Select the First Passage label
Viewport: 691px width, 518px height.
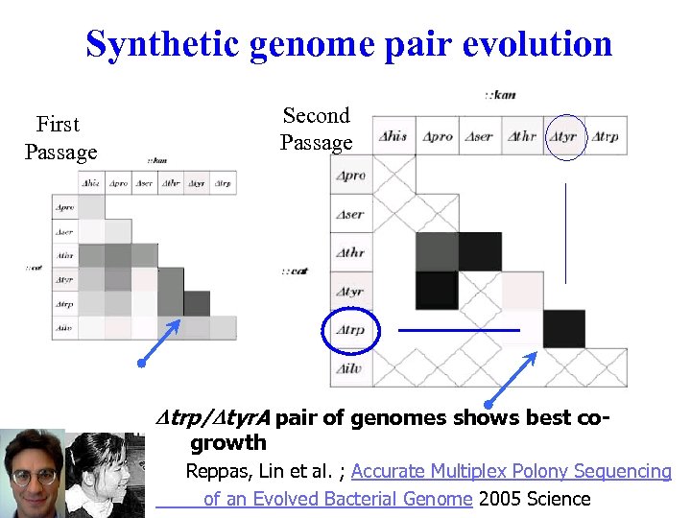tap(60, 138)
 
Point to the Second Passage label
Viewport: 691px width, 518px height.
tap(316, 129)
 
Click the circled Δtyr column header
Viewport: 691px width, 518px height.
tap(564, 137)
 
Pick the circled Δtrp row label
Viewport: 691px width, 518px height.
tap(351, 330)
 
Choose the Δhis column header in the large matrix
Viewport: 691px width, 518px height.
tap(394, 136)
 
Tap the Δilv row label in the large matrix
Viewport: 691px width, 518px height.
tap(351, 368)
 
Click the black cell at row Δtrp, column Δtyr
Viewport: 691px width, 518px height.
tap(563, 329)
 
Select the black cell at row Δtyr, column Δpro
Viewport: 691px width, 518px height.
tap(437, 290)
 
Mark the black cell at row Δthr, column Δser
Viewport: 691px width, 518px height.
tap(479, 251)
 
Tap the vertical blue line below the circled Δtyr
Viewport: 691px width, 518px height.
tap(565, 232)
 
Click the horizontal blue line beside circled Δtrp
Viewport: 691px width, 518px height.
tap(459, 330)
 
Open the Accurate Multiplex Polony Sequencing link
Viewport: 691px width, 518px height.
tap(511, 471)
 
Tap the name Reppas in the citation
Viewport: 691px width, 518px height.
tap(216, 471)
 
